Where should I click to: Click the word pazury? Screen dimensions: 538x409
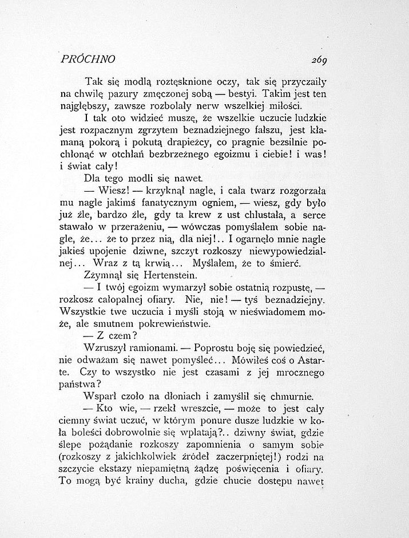120,94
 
